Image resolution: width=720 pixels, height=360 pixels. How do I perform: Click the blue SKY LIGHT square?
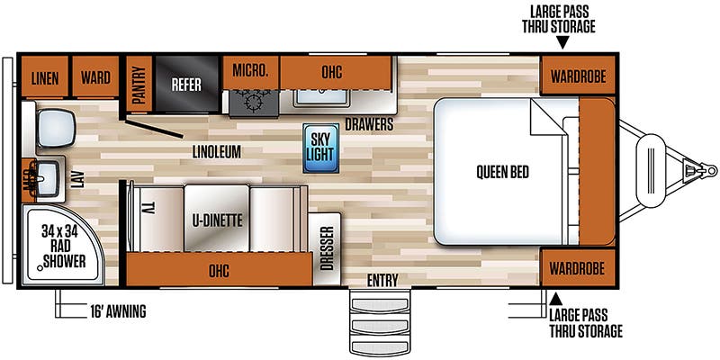pos(321,148)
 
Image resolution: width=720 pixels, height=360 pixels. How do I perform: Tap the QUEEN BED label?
pos(502,172)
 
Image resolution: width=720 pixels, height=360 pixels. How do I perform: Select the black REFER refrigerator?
pos(186,84)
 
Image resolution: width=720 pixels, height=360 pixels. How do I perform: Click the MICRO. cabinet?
pos(251,72)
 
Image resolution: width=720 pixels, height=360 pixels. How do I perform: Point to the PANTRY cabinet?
pos(139,84)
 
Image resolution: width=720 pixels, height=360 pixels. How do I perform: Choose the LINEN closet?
pos(44,76)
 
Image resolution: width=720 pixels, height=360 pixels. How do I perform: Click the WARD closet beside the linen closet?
pos(95,76)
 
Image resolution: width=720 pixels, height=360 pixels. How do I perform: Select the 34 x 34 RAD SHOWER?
pos(63,245)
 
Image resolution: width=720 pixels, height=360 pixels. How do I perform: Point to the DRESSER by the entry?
pos(324,248)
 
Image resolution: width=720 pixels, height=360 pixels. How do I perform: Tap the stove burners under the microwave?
pos(254,102)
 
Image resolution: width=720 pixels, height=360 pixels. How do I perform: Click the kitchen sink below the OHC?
pos(321,97)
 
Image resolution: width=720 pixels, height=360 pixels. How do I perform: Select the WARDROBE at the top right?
pos(578,76)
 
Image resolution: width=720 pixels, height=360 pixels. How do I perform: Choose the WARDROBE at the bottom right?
pos(578,267)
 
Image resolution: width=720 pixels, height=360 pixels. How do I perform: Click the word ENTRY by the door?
pos(382,280)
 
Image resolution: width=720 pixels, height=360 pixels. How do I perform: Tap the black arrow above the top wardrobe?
pos(562,43)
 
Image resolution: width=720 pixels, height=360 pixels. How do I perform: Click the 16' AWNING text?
pos(119,311)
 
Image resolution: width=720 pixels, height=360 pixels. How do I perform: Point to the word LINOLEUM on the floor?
pos(216,152)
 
